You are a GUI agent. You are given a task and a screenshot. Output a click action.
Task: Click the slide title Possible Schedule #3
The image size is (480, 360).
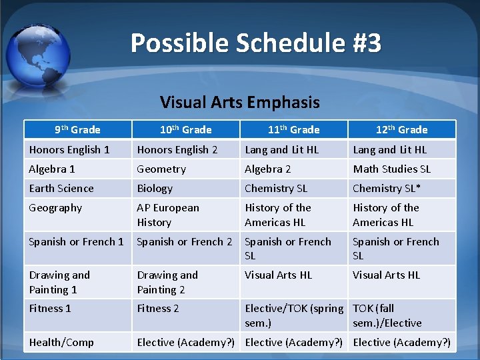click(x=256, y=43)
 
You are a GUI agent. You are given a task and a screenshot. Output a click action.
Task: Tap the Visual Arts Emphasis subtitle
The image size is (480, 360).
click(x=239, y=102)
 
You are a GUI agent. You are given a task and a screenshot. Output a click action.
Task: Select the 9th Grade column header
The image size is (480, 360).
click(x=77, y=129)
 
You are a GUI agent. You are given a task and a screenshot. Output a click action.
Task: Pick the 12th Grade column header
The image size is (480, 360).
click(x=401, y=129)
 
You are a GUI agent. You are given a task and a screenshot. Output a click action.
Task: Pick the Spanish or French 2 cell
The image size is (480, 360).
click(x=185, y=242)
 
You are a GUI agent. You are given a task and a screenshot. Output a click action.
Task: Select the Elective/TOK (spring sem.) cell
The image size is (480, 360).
click(x=294, y=315)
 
